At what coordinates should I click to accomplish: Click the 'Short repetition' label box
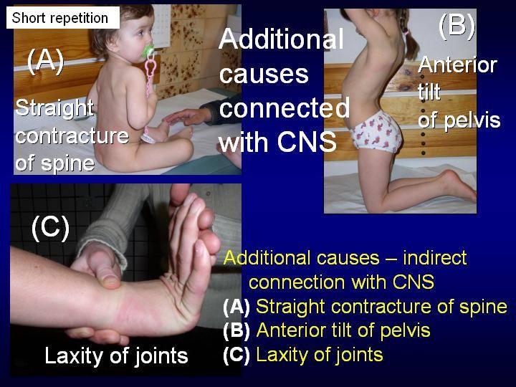(x=63, y=18)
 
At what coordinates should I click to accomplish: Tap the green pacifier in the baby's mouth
(x=148, y=51)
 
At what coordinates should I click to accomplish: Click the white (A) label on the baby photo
(x=45, y=61)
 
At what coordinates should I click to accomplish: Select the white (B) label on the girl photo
(x=457, y=25)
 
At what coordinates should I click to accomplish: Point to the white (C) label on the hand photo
(x=50, y=227)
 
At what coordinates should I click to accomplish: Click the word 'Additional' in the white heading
(x=282, y=39)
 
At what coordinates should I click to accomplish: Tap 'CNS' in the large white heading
(x=307, y=142)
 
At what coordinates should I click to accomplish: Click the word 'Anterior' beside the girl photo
(x=457, y=64)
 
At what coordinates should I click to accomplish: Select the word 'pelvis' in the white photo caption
(x=472, y=121)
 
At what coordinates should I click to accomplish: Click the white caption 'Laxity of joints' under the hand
(x=116, y=355)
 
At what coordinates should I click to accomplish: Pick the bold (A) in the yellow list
(x=236, y=307)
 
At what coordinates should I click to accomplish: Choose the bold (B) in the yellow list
(x=236, y=330)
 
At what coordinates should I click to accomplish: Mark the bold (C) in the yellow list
(x=236, y=355)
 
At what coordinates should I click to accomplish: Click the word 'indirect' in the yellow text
(x=435, y=257)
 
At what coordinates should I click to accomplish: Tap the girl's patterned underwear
(x=376, y=133)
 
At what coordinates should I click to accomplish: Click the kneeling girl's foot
(x=459, y=186)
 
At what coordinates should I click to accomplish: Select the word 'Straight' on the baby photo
(x=54, y=108)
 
